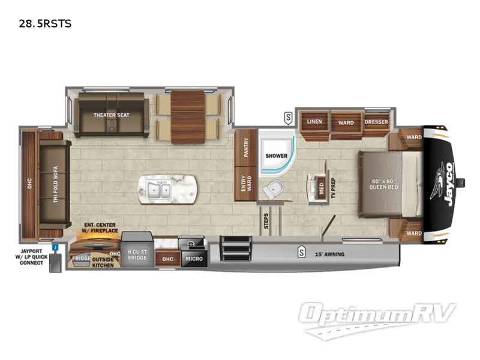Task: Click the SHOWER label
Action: click(x=277, y=156)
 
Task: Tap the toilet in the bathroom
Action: click(x=274, y=188)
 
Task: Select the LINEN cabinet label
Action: click(x=314, y=122)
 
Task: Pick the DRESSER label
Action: click(x=376, y=122)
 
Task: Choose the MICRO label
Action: click(x=193, y=259)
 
